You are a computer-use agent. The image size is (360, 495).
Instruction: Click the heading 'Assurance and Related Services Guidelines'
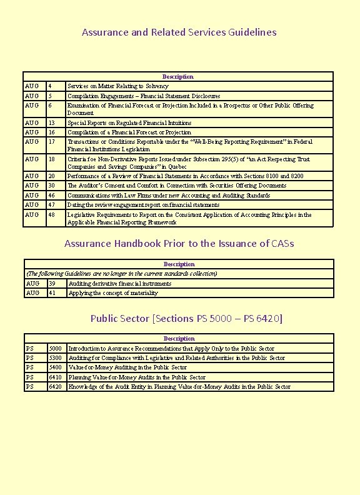179,32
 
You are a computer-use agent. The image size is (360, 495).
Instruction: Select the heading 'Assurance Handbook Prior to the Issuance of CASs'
179,244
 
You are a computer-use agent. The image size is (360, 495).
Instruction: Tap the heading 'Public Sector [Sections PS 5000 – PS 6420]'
186,319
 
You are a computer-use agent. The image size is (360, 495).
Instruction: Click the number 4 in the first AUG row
50,86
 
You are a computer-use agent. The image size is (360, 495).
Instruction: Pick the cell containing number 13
52,123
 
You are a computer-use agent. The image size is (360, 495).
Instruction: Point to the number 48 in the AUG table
52,215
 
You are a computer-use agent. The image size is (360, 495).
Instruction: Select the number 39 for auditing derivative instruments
52,284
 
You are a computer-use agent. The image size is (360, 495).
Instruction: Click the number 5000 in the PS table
56,349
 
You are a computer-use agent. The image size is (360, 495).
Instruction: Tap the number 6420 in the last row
56,387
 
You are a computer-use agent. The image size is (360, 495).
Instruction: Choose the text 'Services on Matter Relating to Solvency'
117,86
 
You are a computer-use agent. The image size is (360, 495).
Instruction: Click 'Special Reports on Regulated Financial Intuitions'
129,123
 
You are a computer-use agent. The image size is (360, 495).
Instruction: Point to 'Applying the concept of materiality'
113,293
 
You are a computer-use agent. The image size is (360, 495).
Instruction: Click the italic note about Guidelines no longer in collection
121,274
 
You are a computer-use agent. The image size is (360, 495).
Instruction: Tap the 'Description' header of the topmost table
178,77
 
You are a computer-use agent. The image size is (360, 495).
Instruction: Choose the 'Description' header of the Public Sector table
179,339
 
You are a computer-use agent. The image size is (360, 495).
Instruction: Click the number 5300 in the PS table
56,358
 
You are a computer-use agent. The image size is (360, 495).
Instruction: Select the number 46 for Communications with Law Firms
52,196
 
